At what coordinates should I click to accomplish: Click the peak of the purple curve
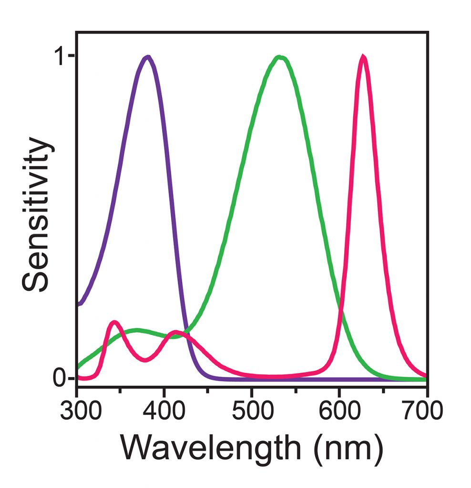pyautogui.click(x=148, y=57)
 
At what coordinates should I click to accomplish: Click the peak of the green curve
pyautogui.click(x=280, y=57)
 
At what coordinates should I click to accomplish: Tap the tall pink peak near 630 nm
pyautogui.click(x=363, y=57)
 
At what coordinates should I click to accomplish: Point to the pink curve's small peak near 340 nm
pyautogui.click(x=114, y=323)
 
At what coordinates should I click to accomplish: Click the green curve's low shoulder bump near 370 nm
pyautogui.click(x=137, y=330)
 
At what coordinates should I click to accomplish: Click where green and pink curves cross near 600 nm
pyautogui.click(x=339, y=309)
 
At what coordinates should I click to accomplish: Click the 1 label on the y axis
pyautogui.click(x=60, y=56)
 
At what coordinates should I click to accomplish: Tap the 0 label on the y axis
pyautogui.click(x=60, y=379)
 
